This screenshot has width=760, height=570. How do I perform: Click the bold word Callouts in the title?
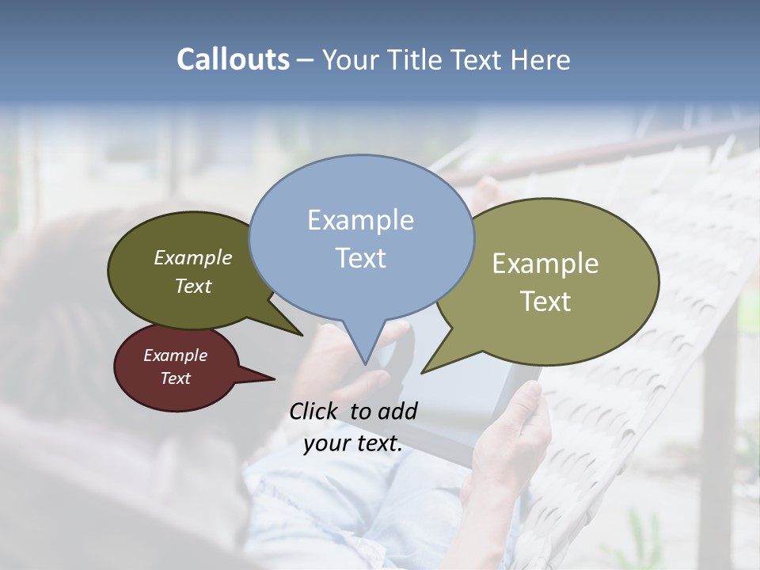coord(233,59)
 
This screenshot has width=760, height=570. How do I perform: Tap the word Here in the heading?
coord(541,60)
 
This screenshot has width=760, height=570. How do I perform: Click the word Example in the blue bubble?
coord(360,220)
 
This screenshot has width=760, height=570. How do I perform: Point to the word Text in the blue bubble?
coord(360,258)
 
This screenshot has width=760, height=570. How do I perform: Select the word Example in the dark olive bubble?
coord(192,257)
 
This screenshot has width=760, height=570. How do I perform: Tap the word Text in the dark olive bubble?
coord(192,286)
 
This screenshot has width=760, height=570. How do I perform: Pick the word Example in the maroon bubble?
coord(175,355)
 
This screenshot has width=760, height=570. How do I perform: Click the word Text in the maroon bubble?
coord(175,378)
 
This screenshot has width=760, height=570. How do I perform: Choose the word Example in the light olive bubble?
coord(545,264)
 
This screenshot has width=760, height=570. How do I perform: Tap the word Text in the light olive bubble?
coord(545,301)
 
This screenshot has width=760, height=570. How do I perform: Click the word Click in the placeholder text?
coord(313,411)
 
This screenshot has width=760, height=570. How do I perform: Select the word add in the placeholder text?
coord(397,411)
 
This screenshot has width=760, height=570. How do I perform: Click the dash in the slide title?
coord(306,60)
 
